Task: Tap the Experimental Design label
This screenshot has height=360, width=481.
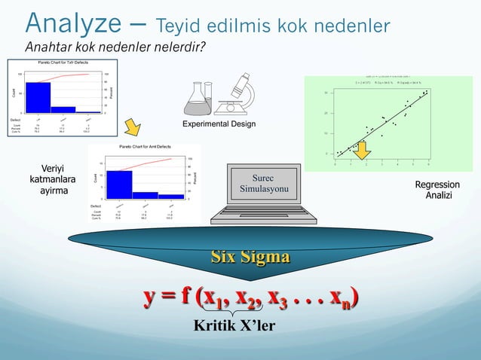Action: tap(219, 124)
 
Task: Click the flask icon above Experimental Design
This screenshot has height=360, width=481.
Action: tap(198, 96)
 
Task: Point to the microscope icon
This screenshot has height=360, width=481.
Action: tap(237, 93)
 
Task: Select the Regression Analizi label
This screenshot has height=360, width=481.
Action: tap(437, 190)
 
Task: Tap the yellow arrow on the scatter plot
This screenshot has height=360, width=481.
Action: tap(363, 152)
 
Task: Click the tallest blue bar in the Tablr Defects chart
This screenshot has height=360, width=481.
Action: tap(38, 96)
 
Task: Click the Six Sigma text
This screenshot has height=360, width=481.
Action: tap(250, 257)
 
